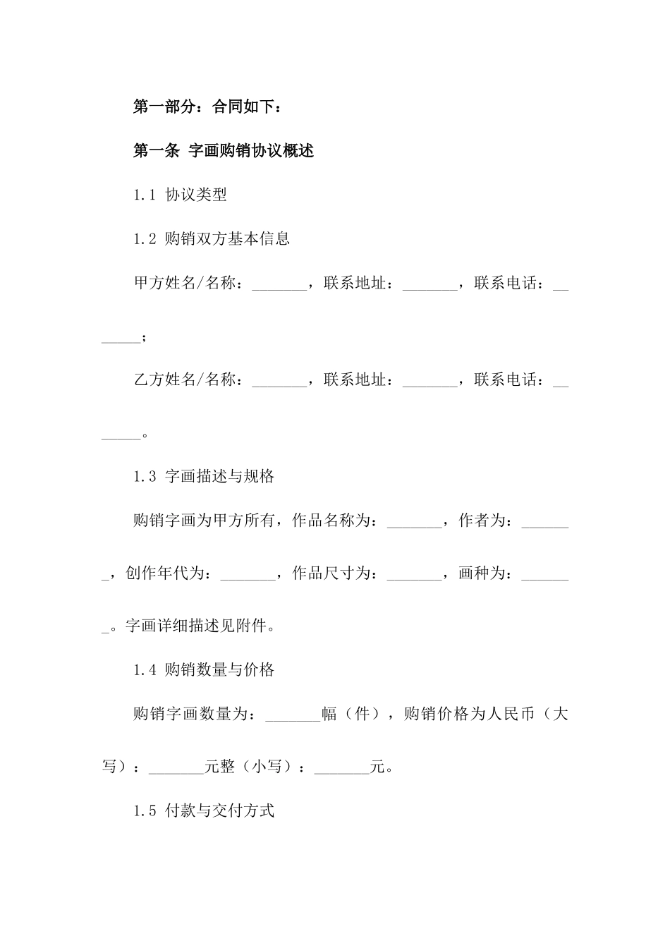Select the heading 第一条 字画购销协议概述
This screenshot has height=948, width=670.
click(x=223, y=151)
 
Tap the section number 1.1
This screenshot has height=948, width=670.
click(x=144, y=195)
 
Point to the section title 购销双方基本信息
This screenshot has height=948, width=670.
click(x=226, y=239)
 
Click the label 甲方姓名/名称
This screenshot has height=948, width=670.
click(x=185, y=284)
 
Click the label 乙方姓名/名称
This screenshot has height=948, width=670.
click(x=185, y=380)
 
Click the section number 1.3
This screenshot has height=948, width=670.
click(x=144, y=477)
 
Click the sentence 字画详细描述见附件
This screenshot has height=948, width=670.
click(x=197, y=626)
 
